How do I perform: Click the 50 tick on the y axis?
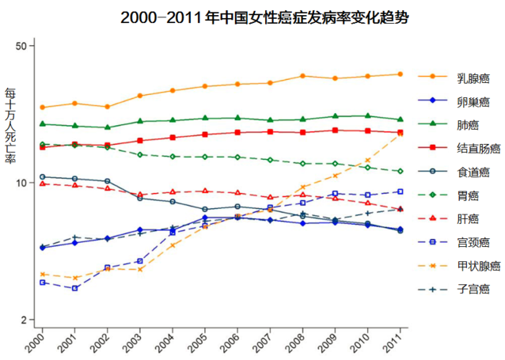pos(22,45)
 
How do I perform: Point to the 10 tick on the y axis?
pos(22,183)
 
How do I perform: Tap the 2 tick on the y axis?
pos(25,320)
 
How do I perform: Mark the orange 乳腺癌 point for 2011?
pos(401,74)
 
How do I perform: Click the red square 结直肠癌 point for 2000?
pos(42,148)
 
